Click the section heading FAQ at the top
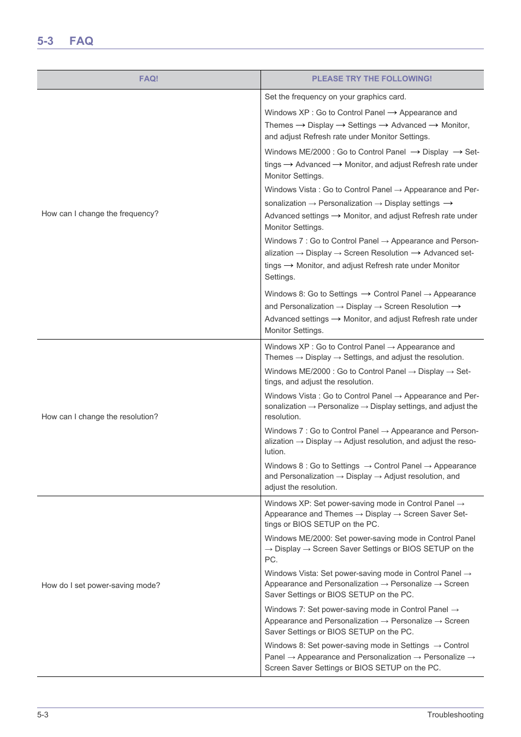[x=81, y=41]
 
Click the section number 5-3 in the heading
[x=45, y=41]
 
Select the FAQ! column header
[x=149, y=79]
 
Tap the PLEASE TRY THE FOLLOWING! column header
[x=372, y=79]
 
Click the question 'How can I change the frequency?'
[x=100, y=213]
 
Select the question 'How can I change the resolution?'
[x=100, y=417]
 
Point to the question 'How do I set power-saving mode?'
[x=101, y=585]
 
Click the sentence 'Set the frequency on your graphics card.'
[x=335, y=97]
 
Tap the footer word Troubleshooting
[x=455, y=715]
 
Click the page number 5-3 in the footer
[x=43, y=715]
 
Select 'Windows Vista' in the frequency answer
[x=291, y=189]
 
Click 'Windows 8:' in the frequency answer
[x=285, y=294]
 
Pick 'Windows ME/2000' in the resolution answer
[x=298, y=371]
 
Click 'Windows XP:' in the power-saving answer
[x=288, y=503]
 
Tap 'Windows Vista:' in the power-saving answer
[x=292, y=573]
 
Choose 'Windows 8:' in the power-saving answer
[x=285, y=645]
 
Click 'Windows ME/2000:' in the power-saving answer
[x=299, y=538]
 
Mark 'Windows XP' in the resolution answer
[x=287, y=347]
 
